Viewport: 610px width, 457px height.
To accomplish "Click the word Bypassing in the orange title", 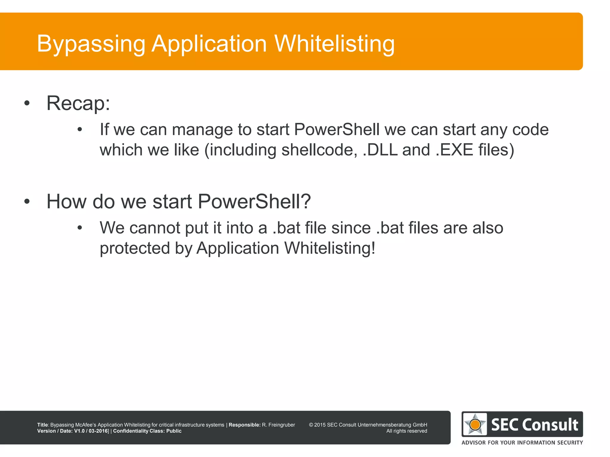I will click(91, 44).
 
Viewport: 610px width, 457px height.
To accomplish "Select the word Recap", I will click(78, 103).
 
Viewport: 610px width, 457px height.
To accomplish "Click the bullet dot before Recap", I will click(27, 104).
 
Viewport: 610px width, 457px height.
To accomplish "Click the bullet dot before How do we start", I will click(27, 202).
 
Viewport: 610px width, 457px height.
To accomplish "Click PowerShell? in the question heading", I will click(254, 202).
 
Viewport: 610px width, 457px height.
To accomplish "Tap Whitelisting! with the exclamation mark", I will click(329, 248).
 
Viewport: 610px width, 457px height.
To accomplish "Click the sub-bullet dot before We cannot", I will click(80, 228).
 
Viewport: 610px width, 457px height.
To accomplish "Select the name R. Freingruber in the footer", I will click(278, 425).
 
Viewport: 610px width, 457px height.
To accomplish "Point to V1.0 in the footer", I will click(79, 431).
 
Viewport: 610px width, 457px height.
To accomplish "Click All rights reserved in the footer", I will click(407, 431).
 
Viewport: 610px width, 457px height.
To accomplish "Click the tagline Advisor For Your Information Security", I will click(522, 443).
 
